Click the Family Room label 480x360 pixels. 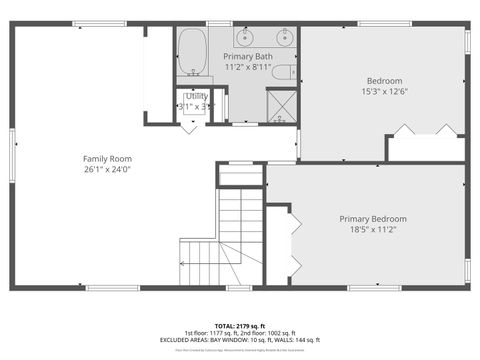pos(107,158)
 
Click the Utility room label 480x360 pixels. pos(197,95)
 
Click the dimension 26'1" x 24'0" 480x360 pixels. pos(107,169)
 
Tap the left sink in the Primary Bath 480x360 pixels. pos(246,39)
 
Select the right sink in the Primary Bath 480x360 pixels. pos(284,39)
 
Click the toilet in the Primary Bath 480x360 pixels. pos(282,71)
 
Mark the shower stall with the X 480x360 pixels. pos(282,106)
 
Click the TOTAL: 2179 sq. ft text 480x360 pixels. pos(240,326)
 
